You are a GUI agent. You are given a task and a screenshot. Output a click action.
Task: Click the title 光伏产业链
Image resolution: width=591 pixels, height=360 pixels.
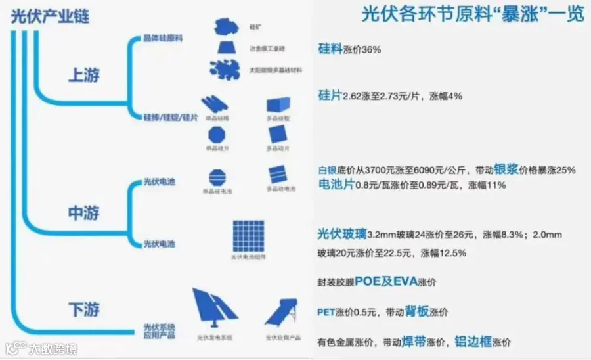[x=50, y=17]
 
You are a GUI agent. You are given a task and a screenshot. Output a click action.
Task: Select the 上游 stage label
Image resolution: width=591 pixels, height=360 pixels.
[x=84, y=76]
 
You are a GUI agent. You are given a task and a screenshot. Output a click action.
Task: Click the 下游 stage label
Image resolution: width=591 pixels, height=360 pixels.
[x=84, y=309]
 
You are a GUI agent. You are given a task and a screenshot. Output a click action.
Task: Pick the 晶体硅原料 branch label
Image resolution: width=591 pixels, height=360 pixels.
[x=163, y=38]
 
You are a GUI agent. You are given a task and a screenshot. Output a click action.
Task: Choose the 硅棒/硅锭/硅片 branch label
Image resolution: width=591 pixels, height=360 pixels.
[x=171, y=117]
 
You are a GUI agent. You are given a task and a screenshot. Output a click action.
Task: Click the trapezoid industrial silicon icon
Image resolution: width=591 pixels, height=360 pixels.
[x=227, y=48]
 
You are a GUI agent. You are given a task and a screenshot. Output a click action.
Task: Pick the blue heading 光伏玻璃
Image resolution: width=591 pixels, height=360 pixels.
[x=341, y=234]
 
